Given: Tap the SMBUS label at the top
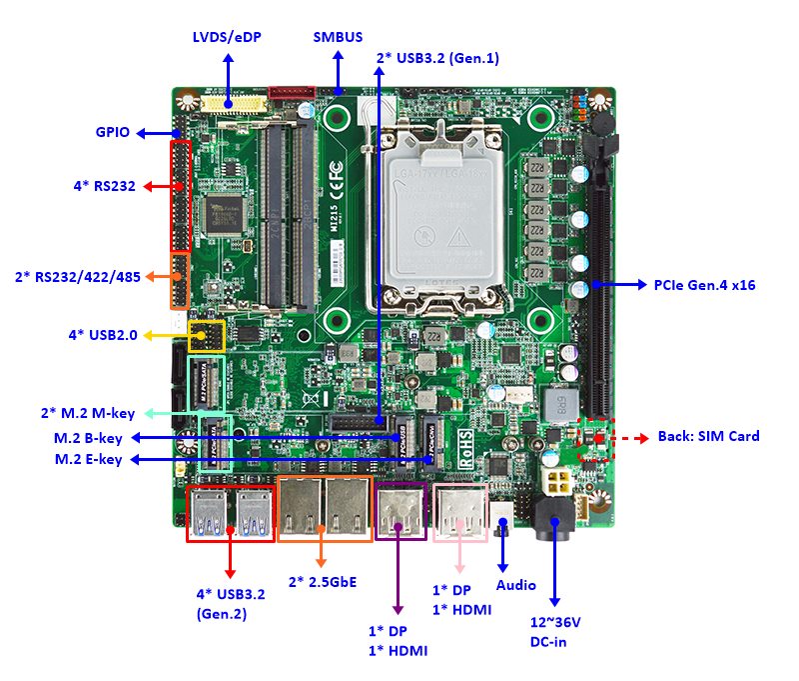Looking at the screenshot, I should click(x=338, y=38).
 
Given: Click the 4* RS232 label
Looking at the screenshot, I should click(x=104, y=186).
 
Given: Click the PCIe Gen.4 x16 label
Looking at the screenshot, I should click(x=704, y=285).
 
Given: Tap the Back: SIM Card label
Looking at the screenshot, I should click(x=708, y=436).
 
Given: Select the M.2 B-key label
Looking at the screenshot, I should click(x=88, y=438).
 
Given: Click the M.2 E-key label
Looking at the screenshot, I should click(x=88, y=459).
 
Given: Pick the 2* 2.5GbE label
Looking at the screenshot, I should click(x=322, y=581).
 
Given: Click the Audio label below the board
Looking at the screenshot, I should click(x=515, y=585).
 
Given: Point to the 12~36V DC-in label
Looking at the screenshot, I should click(x=555, y=631).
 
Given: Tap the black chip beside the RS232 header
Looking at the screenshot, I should click(x=226, y=211).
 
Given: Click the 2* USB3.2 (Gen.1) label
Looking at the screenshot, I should click(x=437, y=58).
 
